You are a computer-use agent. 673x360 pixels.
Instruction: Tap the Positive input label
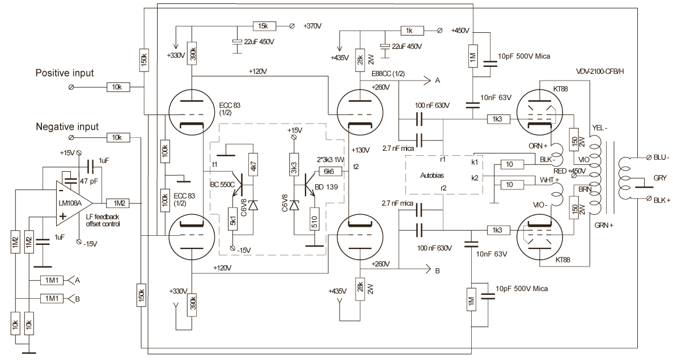coord(64,73)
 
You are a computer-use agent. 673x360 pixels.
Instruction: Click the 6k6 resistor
coord(329,171)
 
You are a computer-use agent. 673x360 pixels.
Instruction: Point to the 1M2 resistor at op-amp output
coord(120,202)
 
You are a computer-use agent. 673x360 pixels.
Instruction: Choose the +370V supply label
coord(315,26)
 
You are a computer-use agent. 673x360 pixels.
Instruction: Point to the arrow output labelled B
coord(437,271)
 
